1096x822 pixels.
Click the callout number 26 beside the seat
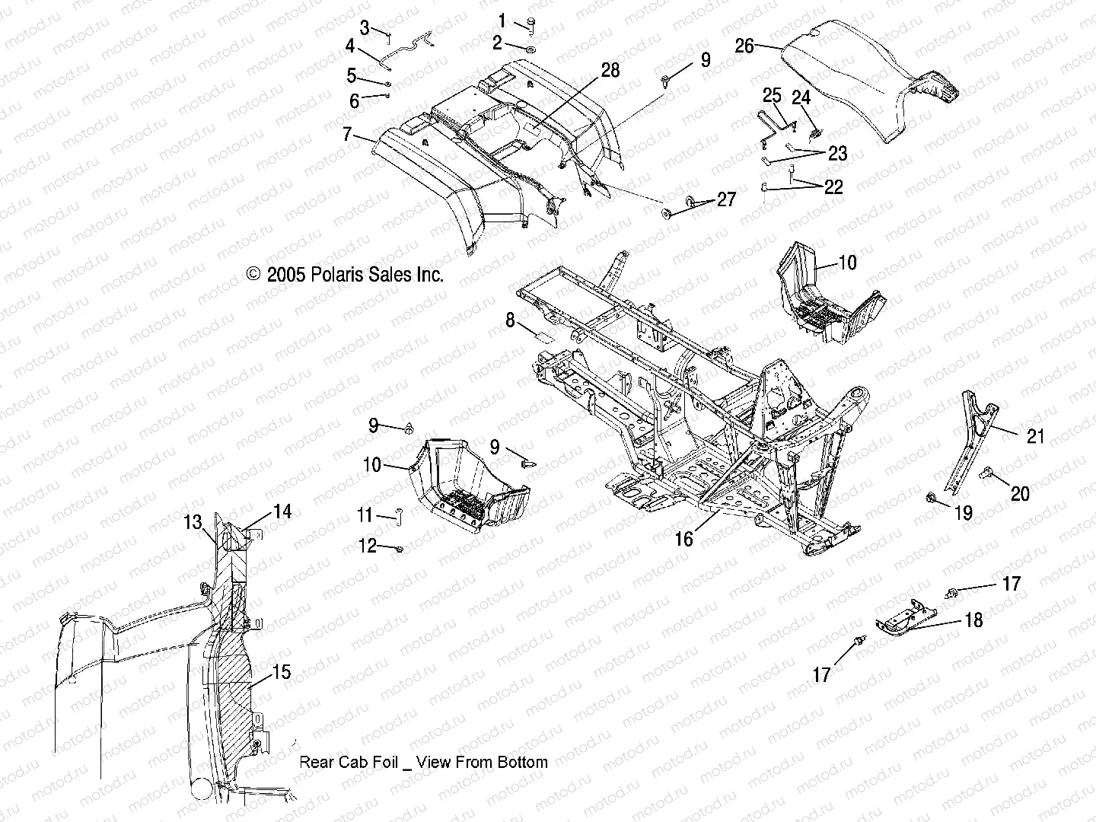coord(744,46)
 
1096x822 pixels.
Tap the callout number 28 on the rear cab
coord(610,71)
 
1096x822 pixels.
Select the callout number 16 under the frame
coord(684,539)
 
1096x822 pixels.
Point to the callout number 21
coord(1036,437)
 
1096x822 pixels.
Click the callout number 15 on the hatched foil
coord(282,673)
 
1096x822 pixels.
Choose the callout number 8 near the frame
coord(511,321)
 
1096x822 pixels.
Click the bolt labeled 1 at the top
coord(530,25)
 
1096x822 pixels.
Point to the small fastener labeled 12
coord(400,548)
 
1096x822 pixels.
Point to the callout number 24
coord(801,98)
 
